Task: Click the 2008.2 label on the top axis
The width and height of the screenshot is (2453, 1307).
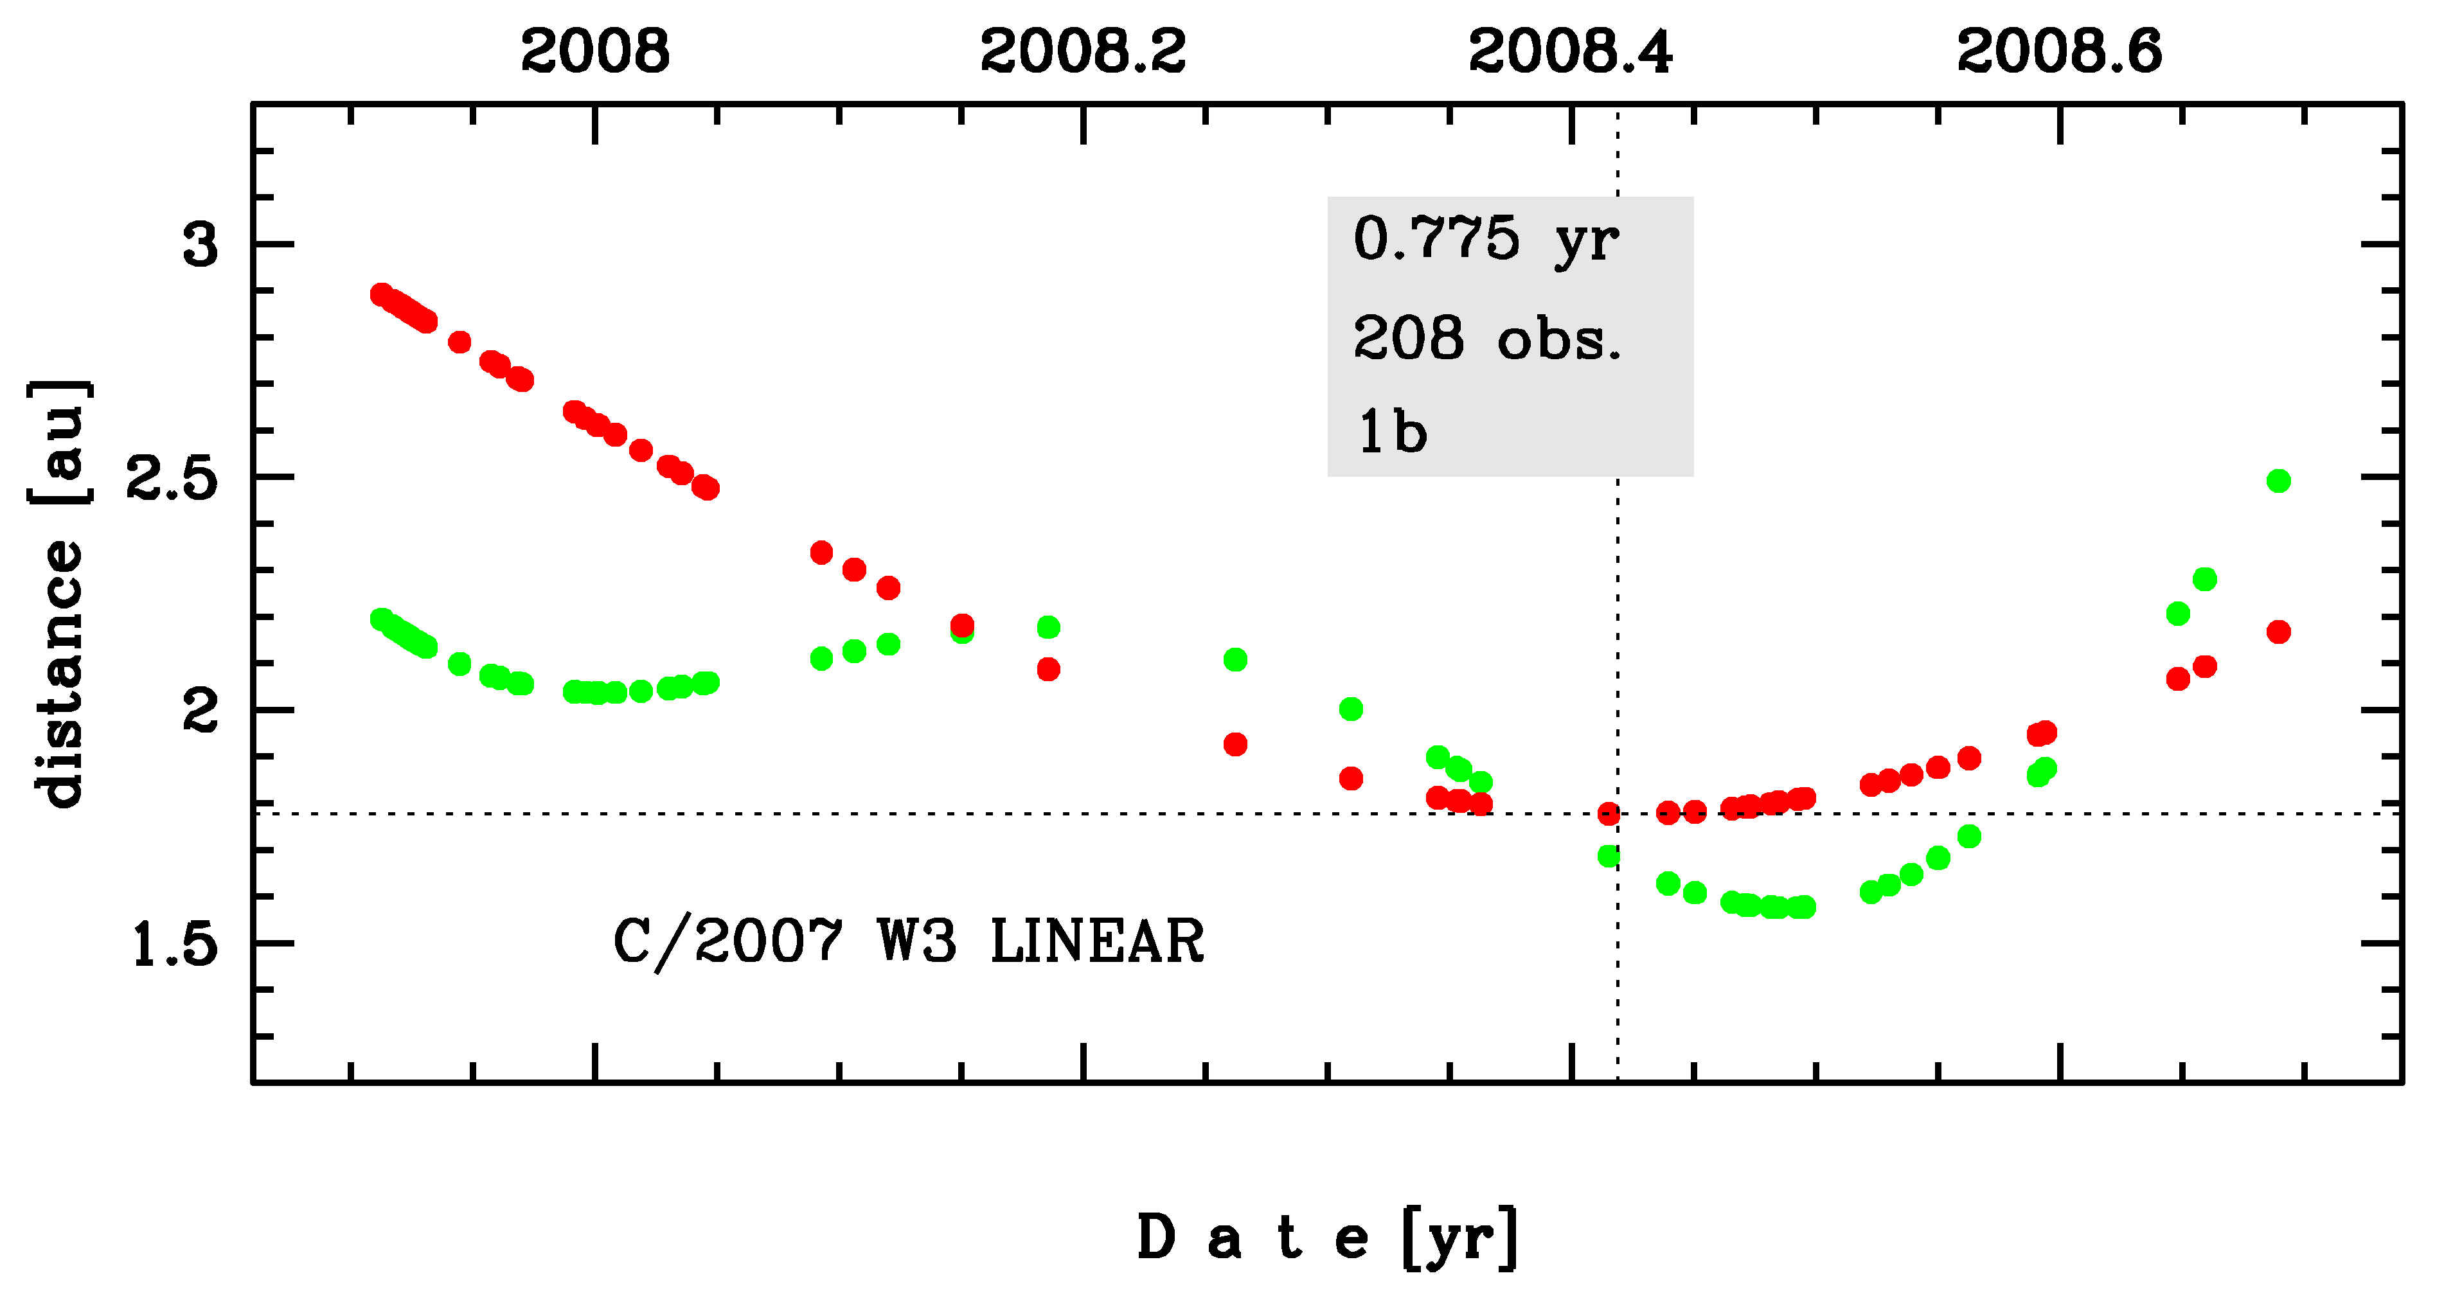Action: (1083, 51)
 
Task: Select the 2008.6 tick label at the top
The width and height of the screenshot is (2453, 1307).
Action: (2060, 51)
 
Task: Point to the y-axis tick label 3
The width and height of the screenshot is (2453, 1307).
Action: (200, 245)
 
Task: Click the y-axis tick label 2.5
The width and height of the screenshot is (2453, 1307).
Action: (172, 478)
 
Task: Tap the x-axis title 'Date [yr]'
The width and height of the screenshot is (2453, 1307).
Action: (1328, 1238)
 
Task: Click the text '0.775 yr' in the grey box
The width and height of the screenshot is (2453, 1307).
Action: (1486, 240)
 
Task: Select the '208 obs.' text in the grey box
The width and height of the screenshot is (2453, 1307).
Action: (1486, 339)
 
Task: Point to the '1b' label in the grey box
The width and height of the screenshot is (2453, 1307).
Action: (1392, 433)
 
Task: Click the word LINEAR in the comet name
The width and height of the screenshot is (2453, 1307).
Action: (1097, 943)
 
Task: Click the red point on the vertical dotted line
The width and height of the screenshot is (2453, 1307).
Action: (1609, 813)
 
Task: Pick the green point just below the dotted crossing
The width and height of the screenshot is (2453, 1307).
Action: (1609, 856)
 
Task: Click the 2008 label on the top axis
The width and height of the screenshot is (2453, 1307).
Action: (595, 51)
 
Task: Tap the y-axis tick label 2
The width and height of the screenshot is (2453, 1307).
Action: (200, 711)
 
